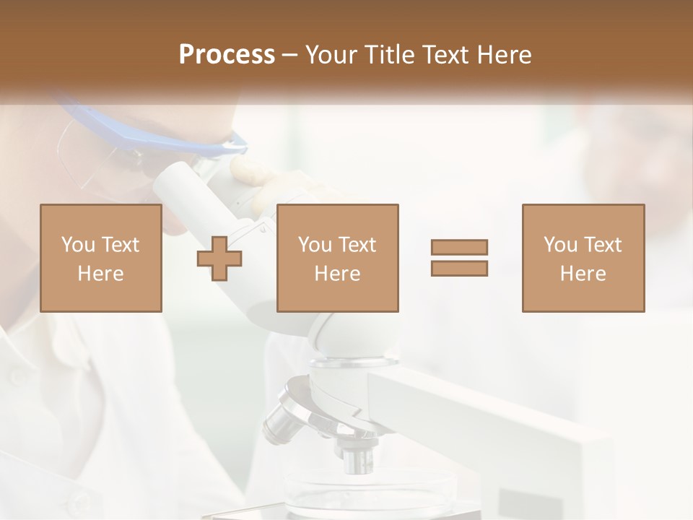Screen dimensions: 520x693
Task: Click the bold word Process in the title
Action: click(227, 55)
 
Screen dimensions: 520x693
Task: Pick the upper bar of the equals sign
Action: click(459, 248)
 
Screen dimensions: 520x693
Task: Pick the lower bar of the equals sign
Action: click(459, 269)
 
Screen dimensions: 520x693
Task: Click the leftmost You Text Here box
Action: click(101, 259)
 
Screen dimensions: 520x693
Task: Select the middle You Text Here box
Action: click(337, 259)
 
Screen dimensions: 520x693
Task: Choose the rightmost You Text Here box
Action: click(583, 259)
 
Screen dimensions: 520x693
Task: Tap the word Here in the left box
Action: click(100, 274)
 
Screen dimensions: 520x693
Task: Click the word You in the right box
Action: click(560, 245)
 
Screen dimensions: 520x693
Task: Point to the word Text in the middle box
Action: click(357, 245)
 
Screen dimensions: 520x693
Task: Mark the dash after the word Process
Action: click(290, 55)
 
